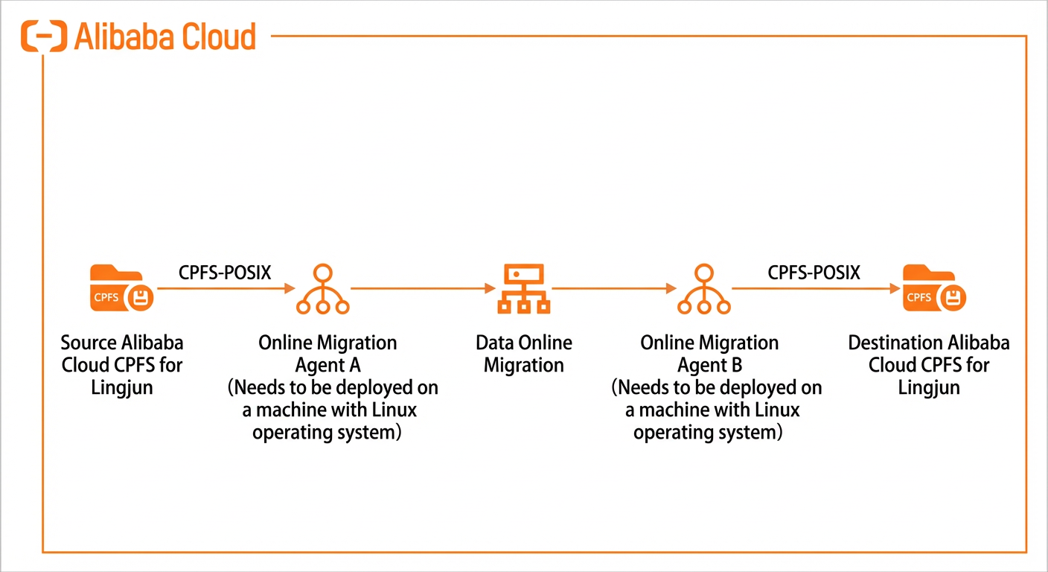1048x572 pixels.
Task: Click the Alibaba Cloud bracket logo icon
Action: coord(44,36)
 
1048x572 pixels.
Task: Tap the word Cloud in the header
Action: coord(219,36)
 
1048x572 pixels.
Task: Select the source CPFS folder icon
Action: coord(121,288)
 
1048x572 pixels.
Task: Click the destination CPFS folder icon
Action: coord(934,288)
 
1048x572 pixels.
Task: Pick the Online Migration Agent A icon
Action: coord(323,289)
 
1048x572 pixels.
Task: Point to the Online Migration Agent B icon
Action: coord(704,289)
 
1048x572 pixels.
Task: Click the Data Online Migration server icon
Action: coord(523,289)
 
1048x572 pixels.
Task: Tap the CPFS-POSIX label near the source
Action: coord(225,273)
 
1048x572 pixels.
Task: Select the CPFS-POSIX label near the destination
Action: coord(814,273)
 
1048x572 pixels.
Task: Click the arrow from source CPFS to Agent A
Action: coord(226,288)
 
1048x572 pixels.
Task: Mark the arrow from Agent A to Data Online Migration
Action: coord(423,288)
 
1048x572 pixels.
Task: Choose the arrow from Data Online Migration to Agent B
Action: coord(614,288)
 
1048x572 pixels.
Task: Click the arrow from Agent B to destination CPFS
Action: coord(816,288)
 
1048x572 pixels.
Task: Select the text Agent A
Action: coord(328,366)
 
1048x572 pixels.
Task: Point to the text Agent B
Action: coord(710,366)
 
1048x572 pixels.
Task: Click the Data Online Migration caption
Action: coord(524,354)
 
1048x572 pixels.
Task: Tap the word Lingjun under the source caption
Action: coord(121,388)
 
